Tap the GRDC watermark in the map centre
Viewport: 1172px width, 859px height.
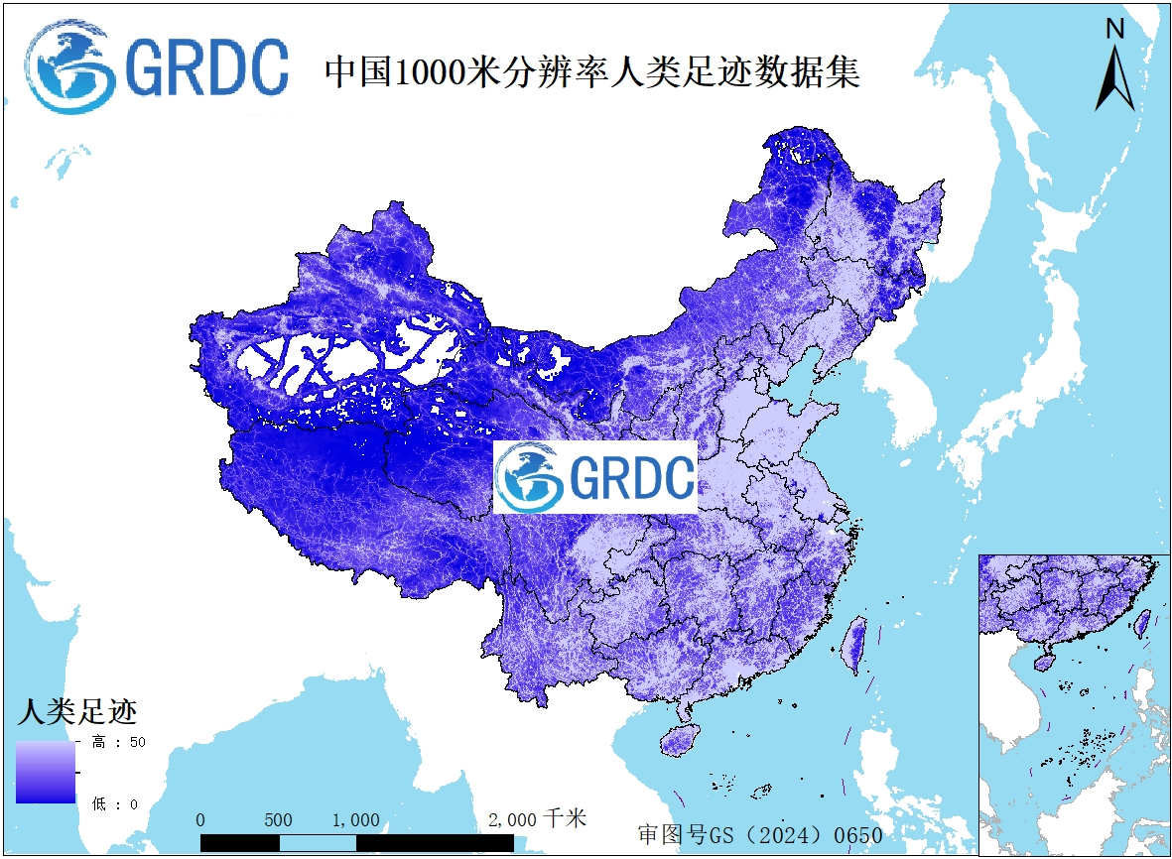pos(595,477)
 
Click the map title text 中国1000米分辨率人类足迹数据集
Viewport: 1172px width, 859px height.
pos(592,72)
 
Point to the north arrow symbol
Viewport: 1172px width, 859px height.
pos(1114,79)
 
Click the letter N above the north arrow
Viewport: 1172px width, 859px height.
pos(1115,30)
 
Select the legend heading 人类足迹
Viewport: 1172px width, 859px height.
pos(76,711)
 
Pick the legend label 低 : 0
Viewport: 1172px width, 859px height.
pos(115,803)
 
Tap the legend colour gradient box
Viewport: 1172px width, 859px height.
pos(45,772)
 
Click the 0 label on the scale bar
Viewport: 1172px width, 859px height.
pos(200,820)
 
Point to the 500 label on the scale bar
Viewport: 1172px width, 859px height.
pos(279,820)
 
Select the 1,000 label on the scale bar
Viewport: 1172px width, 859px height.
pos(355,820)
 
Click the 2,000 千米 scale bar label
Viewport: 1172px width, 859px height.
pos(538,819)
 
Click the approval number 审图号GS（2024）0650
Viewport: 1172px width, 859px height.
pos(759,834)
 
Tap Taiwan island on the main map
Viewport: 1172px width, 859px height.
pos(853,642)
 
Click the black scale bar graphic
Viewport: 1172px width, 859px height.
pos(356,842)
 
